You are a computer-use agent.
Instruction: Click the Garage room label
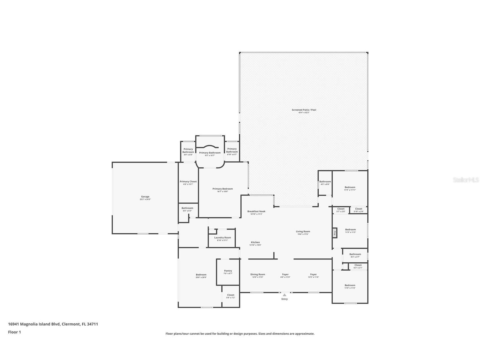pyautogui.click(x=145, y=197)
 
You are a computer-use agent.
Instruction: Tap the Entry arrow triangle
pyautogui.click(x=285, y=295)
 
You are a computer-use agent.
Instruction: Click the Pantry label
pyautogui.click(x=228, y=271)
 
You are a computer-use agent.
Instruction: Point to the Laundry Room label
pyautogui.click(x=223, y=238)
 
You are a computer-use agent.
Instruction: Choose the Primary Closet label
pyautogui.click(x=188, y=182)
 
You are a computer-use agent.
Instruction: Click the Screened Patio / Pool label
pyautogui.click(x=304, y=110)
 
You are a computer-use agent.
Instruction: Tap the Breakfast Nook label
pyautogui.click(x=256, y=211)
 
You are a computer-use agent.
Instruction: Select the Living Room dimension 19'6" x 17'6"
pyautogui.click(x=303, y=234)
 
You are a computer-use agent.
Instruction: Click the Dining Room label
pyautogui.click(x=258, y=274)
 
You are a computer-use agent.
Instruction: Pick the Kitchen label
pyautogui.click(x=255, y=242)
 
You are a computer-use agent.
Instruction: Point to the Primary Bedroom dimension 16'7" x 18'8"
pyautogui.click(x=223, y=192)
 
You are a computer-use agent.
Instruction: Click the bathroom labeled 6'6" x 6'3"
pyautogui.click(x=187, y=209)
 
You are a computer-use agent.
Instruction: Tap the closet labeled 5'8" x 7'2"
pyautogui.click(x=231, y=296)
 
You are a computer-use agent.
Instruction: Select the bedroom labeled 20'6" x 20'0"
pyautogui.click(x=201, y=276)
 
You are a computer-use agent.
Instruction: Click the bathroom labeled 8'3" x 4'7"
pyautogui.click(x=355, y=255)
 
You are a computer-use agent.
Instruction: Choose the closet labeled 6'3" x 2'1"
pyautogui.click(x=358, y=266)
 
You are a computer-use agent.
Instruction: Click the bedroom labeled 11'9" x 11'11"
pyautogui.click(x=350, y=188)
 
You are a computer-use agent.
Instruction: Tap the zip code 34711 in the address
pyautogui.click(x=93, y=324)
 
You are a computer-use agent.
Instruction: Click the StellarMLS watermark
pyautogui.click(x=466, y=180)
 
